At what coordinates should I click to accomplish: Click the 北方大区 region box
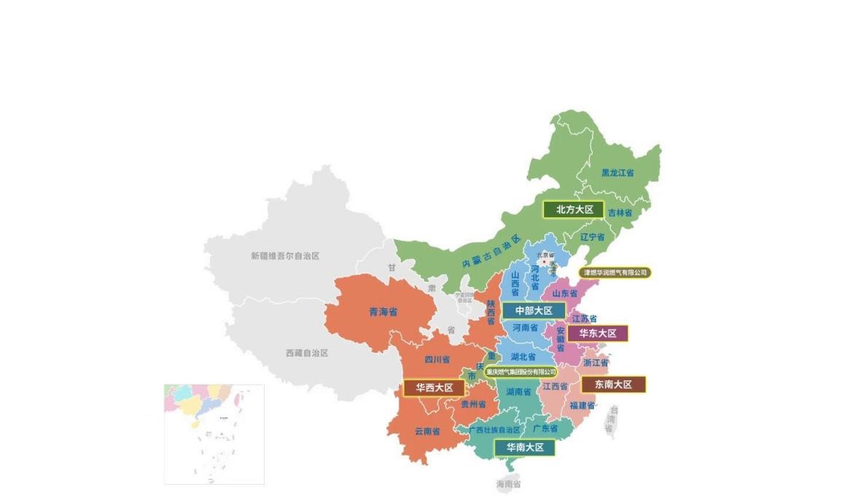click(x=575, y=209)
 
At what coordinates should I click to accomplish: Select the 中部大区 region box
click(x=533, y=310)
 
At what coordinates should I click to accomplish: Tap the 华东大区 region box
click(x=597, y=333)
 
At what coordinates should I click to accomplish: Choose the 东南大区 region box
click(x=612, y=384)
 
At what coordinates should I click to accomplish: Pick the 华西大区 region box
click(x=434, y=388)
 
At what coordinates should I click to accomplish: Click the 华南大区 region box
click(x=525, y=447)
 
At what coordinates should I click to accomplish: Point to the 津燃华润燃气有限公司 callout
click(x=615, y=273)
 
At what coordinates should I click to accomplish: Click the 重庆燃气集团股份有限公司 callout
click(x=521, y=372)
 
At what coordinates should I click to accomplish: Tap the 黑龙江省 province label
click(x=617, y=173)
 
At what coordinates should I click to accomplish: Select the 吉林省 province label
click(x=620, y=213)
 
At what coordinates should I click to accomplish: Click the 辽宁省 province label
click(x=592, y=237)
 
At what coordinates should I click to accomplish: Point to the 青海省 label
click(x=383, y=312)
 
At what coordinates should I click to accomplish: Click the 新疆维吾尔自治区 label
click(x=285, y=256)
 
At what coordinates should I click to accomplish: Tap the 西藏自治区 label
click(x=307, y=353)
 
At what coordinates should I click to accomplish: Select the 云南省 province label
click(x=427, y=431)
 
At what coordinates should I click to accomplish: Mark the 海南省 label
click(x=509, y=484)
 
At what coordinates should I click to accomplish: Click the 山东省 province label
click(x=564, y=293)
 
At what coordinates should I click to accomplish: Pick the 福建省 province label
click(x=582, y=405)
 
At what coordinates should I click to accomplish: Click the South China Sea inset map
click(x=214, y=434)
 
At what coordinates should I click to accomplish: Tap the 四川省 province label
click(x=437, y=359)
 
